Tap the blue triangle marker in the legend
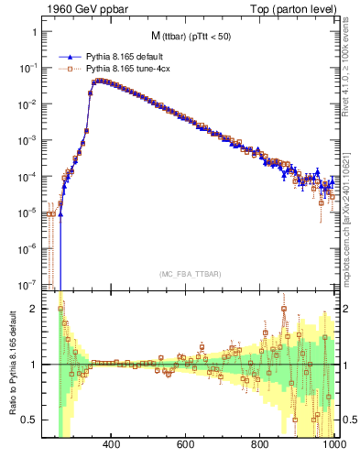pyautogui.click(x=71, y=57)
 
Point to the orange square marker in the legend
pyautogui.click(x=71, y=68)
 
